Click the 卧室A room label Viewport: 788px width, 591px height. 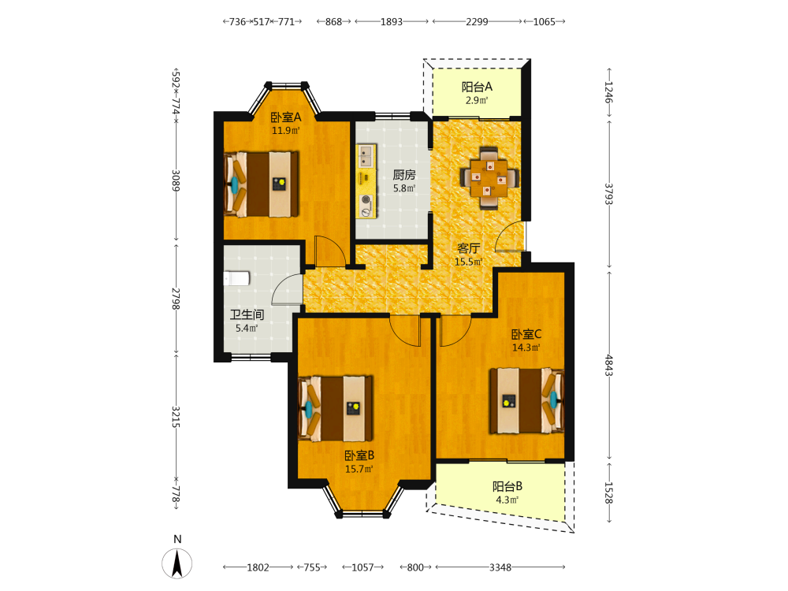click(x=286, y=117)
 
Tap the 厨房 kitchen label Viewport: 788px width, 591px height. click(x=404, y=175)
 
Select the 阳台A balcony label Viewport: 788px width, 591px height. click(x=477, y=87)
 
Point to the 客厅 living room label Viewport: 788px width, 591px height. click(x=468, y=248)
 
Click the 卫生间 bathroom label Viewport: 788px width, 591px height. click(x=247, y=315)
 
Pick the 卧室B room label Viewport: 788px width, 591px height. click(x=359, y=455)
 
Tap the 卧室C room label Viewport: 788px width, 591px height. click(x=526, y=334)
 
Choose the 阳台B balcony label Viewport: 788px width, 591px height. click(x=507, y=486)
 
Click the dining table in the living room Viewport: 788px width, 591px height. click(x=489, y=178)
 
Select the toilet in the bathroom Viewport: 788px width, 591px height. click(x=236, y=278)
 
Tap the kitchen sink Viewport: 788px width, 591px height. click(x=366, y=156)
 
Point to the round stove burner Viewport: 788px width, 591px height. click(x=366, y=201)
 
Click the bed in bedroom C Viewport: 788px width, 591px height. click(x=526, y=400)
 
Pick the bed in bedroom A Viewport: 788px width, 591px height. click(x=261, y=184)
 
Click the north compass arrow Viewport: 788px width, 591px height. click(x=177, y=563)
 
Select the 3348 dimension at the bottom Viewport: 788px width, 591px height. click(x=500, y=567)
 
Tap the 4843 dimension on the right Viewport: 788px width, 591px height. click(x=608, y=366)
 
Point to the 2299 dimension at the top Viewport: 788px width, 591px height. click(x=477, y=21)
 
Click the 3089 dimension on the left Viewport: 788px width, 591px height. click(x=176, y=180)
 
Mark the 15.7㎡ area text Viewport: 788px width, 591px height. click(x=359, y=470)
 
